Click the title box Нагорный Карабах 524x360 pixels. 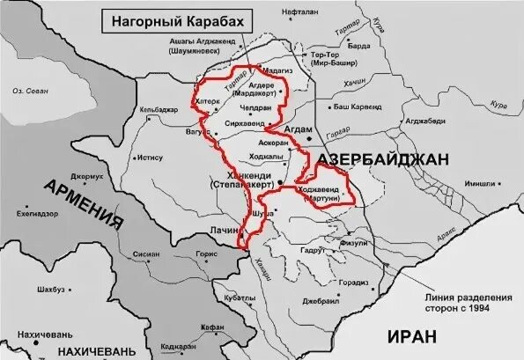tap(173, 18)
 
